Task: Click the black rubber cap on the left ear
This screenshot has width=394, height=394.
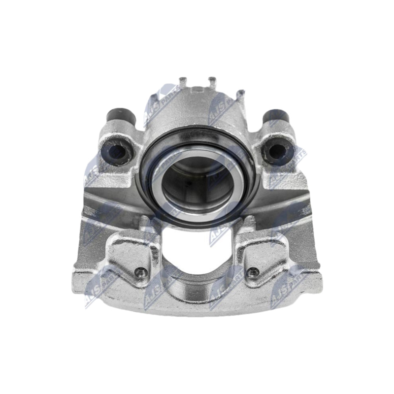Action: (120, 117)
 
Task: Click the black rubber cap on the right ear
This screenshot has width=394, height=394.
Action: (274, 117)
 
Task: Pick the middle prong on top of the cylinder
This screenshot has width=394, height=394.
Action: (212, 81)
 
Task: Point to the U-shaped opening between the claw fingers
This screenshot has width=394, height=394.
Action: (197, 251)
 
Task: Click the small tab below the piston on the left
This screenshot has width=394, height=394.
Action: (147, 225)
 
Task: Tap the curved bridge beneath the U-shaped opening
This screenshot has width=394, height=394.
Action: (197, 295)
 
